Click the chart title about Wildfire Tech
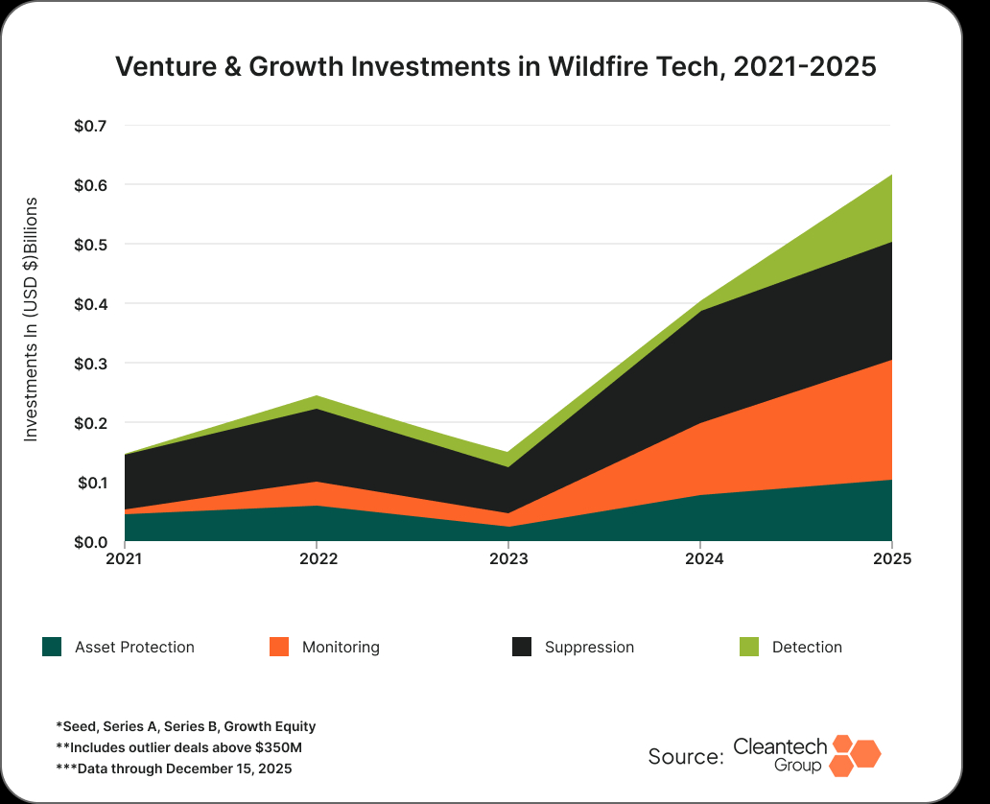495,67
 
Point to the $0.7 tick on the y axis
91,126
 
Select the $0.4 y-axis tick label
91,304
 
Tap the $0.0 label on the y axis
91,542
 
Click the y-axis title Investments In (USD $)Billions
31,319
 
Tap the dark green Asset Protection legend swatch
52,647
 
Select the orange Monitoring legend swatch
279,647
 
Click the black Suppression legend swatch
522,647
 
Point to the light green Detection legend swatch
748,647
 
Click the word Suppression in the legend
589,648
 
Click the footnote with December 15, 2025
174,769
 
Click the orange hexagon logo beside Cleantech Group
855,754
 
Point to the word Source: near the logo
686,756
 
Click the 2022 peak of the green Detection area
317,397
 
